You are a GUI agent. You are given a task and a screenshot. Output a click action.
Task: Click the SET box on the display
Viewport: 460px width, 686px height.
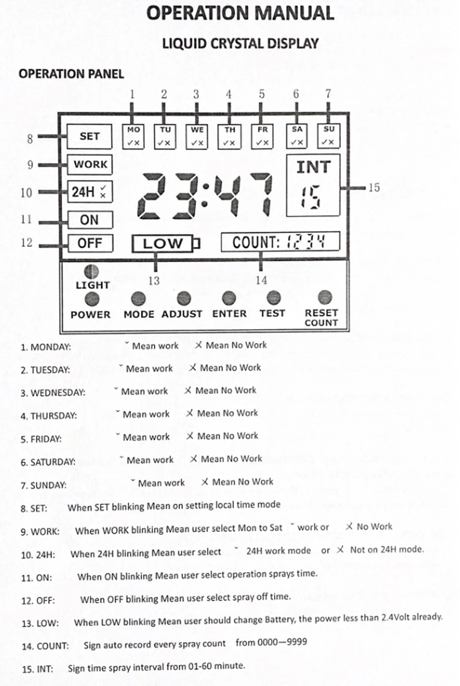coord(89,137)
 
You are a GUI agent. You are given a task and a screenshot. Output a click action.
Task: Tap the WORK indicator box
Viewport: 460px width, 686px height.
coord(90,164)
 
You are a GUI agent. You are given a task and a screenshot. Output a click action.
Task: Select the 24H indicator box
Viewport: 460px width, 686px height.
coord(90,192)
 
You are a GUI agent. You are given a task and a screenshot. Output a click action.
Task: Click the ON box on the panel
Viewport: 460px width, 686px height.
coord(89,220)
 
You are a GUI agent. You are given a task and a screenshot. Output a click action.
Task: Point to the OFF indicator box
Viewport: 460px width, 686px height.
coord(89,243)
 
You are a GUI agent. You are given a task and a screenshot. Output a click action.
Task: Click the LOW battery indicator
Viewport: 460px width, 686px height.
coord(163,244)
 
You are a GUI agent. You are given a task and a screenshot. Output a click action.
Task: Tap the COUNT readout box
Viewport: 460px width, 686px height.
coord(280,242)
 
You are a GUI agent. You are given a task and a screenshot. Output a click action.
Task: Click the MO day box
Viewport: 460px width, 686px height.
coord(133,136)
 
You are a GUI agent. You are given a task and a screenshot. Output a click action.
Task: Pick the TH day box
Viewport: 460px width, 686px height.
coord(229,136)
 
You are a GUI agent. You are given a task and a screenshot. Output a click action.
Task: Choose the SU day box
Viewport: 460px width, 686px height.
coord(328,135)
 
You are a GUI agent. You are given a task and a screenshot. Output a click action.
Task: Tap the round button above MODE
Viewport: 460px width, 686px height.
coord(138,298)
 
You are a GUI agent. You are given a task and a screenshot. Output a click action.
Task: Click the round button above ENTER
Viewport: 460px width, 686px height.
coord(229,298)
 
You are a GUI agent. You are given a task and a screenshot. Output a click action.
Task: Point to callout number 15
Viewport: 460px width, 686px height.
coord(374,187)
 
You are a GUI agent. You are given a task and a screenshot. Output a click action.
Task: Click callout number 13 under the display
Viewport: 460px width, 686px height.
coord(154,281)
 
